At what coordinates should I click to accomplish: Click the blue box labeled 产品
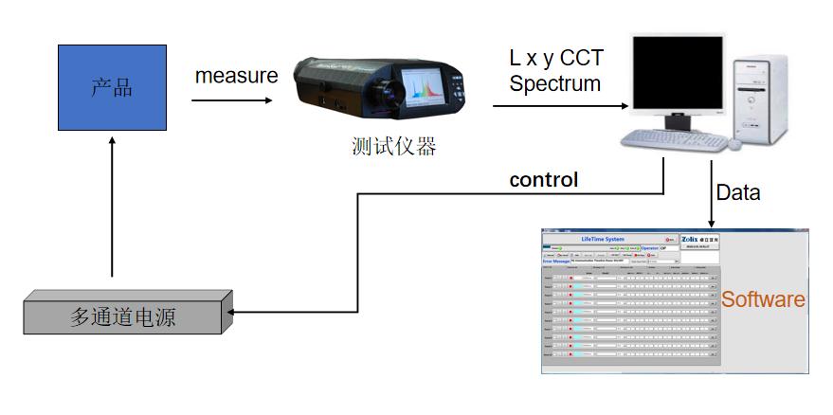(x=112, y=89)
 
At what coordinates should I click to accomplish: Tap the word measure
(x=237, y=76)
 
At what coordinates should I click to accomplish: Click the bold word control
(x=544, y=179)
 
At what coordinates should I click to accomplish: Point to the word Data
(x=738, y=192)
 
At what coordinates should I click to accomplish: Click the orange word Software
(x=764, y=300)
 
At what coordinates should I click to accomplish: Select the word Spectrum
(x=555, y=83)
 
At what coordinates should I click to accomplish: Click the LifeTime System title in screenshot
(x=604, y=239)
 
